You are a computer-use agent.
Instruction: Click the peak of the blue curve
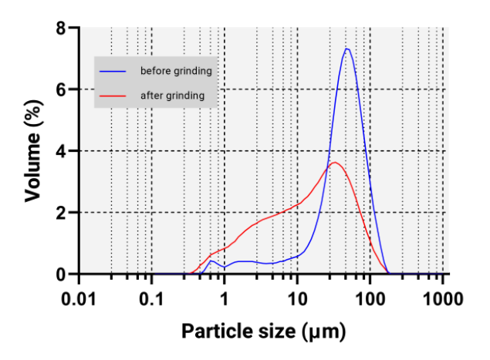click(x=347, y=49)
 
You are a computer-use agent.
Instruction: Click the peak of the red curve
click(x=333, y=162)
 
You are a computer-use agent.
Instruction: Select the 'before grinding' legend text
click(x=175, y=71)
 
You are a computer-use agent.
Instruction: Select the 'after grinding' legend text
click(x=172, y=96)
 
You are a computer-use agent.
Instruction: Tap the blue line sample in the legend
click(x=112, y=71)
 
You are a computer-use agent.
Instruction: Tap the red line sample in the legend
click(x=112, y=96)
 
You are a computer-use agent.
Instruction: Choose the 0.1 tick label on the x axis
click(x=151, y=298)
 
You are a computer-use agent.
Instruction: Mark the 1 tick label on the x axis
click(x=225, y=298)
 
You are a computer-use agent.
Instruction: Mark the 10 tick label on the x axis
click(x=297, y=298)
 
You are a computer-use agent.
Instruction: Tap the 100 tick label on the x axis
click(x=370, y=298)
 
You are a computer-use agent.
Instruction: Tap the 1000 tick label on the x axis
click(x=443, y=298)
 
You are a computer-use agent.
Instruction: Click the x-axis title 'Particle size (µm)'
click(x=263, y=332)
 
